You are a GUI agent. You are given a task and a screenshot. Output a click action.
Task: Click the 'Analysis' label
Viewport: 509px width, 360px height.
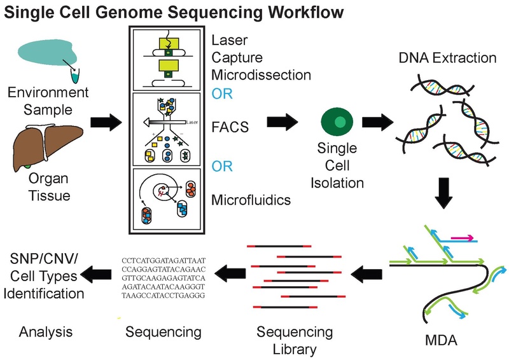pyautogui.click(x=45, y=331)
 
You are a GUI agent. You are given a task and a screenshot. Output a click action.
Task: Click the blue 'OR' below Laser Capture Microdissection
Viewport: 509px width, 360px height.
pyautogui.click(x=222, y=93)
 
